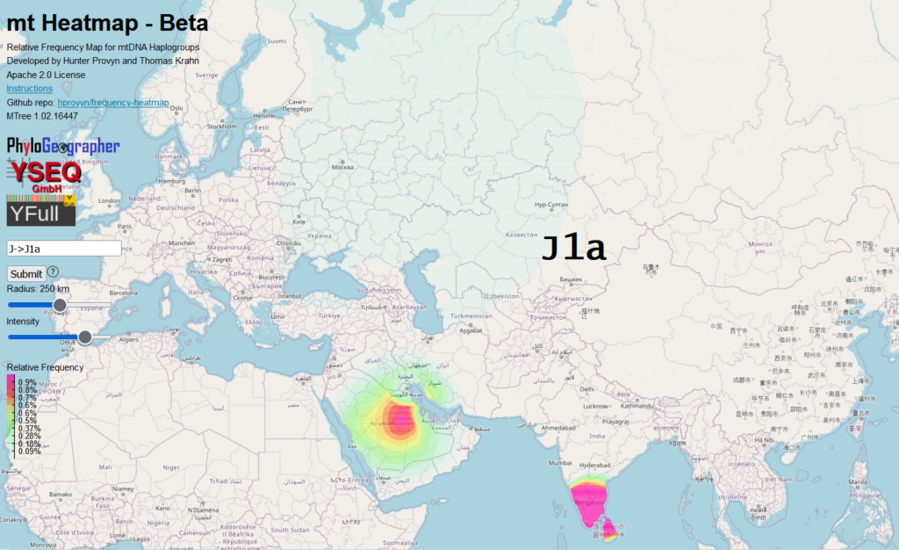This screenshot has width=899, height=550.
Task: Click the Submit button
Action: [26, 273]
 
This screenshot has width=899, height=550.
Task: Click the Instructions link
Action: [30, 89]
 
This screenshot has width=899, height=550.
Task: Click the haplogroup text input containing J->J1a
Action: [63, 249]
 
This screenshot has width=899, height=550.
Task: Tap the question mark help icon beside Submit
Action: [54, 272]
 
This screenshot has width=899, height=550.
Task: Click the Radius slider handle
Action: [60, 305]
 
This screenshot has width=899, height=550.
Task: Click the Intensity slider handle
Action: [85, 337]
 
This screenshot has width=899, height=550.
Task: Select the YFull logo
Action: [40, 212]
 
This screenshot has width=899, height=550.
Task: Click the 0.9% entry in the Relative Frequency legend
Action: [27, 383]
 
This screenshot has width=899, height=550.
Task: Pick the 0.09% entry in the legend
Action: [30, 452]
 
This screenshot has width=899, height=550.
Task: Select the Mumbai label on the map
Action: [561, 462]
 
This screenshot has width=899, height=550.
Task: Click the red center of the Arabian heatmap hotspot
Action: [400, 422]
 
